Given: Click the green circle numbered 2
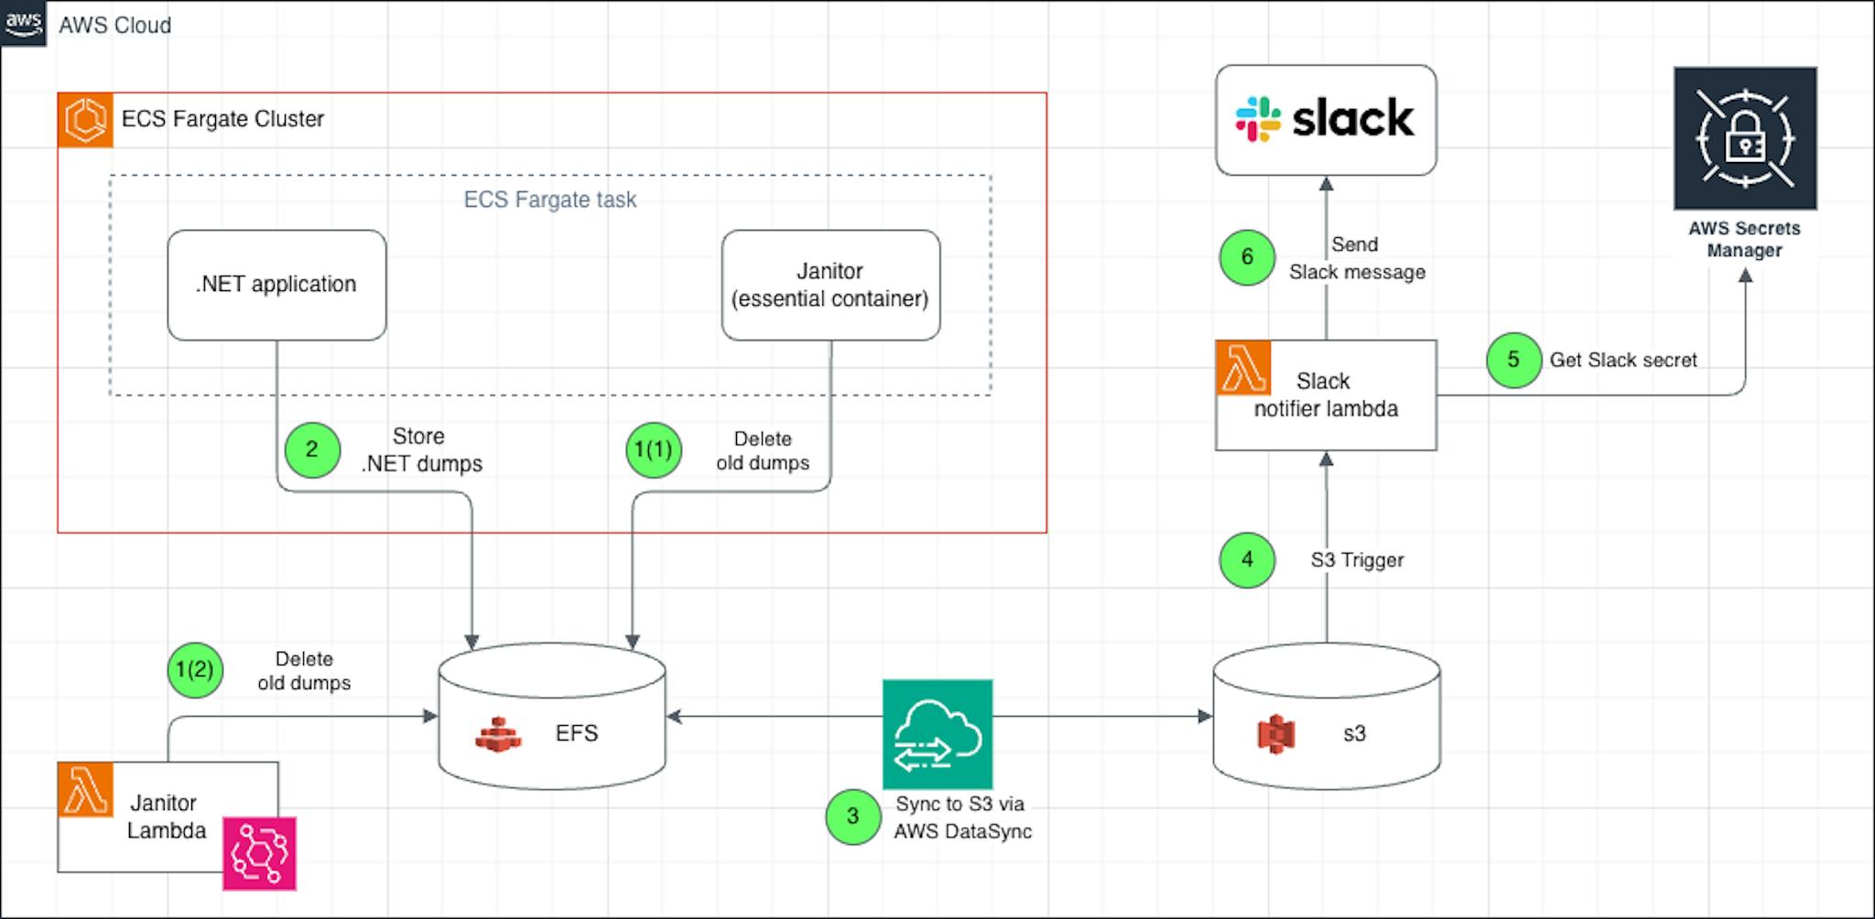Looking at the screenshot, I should (x=312, y=449).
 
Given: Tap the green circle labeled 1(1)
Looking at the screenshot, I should (x=654, y=449).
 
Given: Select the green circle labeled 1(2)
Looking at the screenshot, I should (x=195, y=669).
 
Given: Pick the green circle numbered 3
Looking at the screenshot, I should (x=853, y=816).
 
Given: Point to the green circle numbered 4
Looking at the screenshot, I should (x=1247, y=559).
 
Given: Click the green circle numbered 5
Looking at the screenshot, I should (x=1513, y=360).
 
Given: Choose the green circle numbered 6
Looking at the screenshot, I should (x=1247, y=257).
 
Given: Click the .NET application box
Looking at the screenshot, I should (x=276, y=285).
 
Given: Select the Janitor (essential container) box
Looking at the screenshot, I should (x=830, y=285).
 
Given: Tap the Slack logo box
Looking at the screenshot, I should (x=1326, y=120).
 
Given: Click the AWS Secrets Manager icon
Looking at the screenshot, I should (x=1745, y=138).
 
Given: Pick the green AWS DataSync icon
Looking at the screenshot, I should (x=937, y=733).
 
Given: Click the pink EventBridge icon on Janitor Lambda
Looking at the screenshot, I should (x=259, y=853).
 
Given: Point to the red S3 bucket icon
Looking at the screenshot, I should (x=1276, y=733).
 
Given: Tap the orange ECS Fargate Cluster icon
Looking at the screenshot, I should (x=85, y=120).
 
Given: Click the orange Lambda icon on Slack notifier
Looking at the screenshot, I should (x=1243, y=368).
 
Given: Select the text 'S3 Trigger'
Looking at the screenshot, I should (x=1357, y=560).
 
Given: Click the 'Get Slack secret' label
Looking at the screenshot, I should (x=1622, y=360).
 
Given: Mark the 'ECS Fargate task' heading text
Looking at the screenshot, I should (x=549, y=200).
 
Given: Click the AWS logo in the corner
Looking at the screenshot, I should (x=23, y=23).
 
